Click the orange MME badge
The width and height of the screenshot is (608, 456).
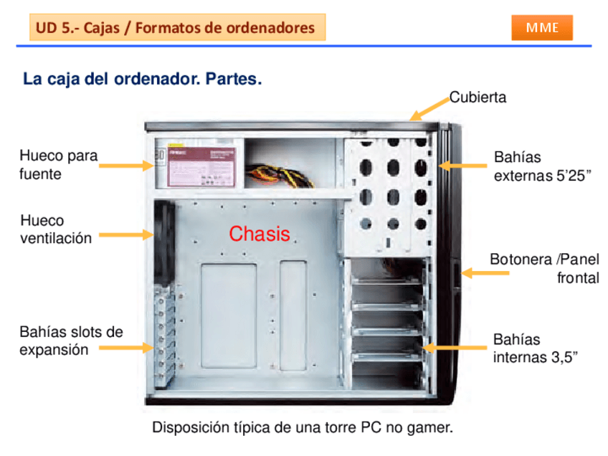pos(542,27)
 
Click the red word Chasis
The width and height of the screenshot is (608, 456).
pos(260,234)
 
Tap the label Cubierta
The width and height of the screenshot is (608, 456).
pos(478,98)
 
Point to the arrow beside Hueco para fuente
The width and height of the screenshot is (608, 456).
pos(125,166)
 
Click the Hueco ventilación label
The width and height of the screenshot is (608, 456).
pos(56,229)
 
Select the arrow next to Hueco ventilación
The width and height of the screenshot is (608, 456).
pos(125,234)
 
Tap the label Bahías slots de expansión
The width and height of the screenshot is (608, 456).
pos(71,341)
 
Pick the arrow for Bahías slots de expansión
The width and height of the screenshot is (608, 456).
pos(125,348)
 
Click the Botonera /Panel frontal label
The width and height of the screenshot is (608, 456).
pos(544,268)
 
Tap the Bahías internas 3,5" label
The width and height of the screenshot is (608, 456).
pos(534,348)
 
